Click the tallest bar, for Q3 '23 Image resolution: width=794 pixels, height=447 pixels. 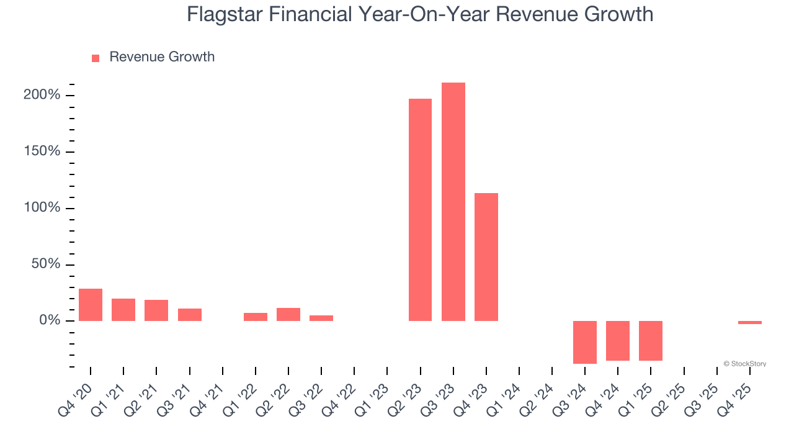pos(453,202)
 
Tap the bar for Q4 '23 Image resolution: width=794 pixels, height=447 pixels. pos(486,257)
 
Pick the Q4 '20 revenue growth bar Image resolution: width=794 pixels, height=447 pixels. pos(91,305)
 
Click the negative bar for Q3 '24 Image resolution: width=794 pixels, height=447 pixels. pos(584,342)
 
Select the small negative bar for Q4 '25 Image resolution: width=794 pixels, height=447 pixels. pos(749,323)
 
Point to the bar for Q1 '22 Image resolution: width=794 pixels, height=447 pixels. pos(255,317)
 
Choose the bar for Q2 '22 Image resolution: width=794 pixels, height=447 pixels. pos(288,314)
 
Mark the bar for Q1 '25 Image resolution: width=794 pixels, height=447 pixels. pos(650,340)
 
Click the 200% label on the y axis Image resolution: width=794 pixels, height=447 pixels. pos(42,95)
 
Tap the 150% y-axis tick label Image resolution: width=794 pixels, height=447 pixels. pos(42,151)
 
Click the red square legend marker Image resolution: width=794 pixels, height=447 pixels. pos(96,58)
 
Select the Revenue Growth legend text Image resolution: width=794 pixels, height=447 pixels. pos(162,57)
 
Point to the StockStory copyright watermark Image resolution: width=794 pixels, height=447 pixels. pos(744,364)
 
